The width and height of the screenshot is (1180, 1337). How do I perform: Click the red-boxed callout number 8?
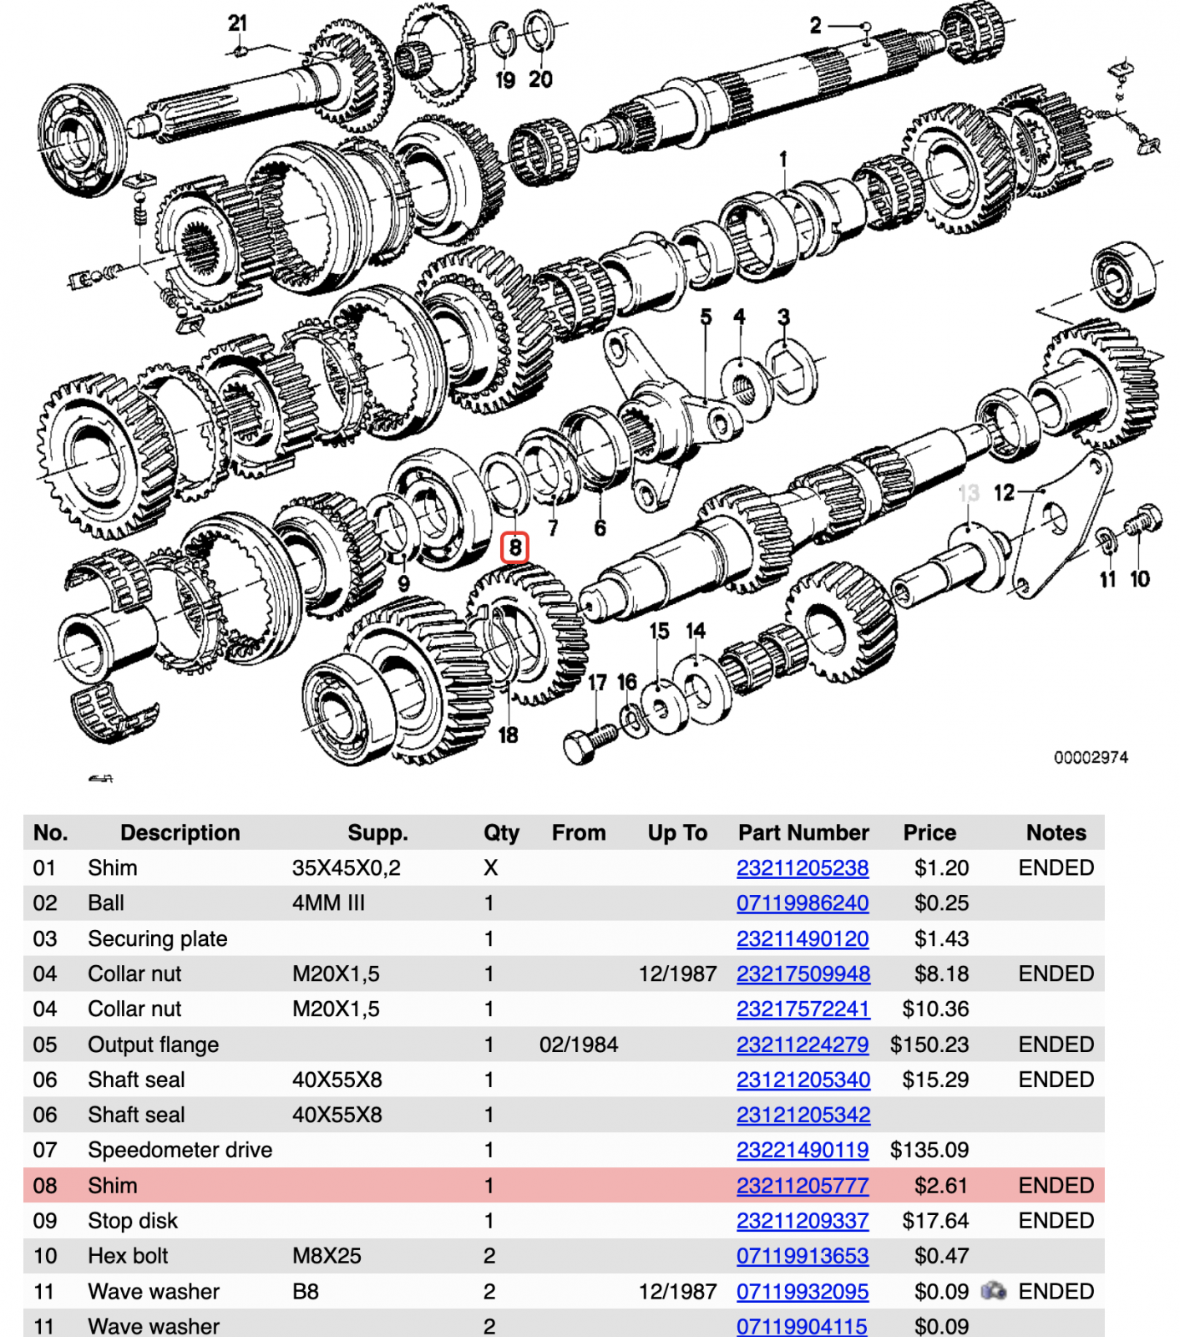514,548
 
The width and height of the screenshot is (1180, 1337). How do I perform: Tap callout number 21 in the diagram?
237,23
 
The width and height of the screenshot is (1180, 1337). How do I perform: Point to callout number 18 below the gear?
508,735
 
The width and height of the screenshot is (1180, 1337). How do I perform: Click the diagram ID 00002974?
1090,758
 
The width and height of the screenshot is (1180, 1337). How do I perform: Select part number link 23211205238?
802,868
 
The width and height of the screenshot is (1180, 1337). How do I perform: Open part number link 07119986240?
802,903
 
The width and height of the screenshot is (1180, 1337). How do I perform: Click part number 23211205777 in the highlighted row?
802,1186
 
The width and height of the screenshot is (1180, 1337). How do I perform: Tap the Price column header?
929,832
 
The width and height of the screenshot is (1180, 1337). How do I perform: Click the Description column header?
180,832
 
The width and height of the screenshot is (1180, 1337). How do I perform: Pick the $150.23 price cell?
929,1045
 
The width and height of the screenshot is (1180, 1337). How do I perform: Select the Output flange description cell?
154,1045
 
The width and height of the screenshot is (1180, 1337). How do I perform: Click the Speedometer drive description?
180,1150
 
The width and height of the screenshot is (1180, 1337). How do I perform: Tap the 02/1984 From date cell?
578,1045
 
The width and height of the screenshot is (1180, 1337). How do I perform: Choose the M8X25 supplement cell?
327,1256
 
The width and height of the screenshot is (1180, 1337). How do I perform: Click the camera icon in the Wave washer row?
993,1291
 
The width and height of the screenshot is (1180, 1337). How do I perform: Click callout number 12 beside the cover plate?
1003,493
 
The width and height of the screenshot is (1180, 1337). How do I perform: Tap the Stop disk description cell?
133,1221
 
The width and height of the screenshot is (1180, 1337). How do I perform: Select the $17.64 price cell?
934,1221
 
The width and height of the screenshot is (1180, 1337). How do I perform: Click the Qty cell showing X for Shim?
490,868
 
